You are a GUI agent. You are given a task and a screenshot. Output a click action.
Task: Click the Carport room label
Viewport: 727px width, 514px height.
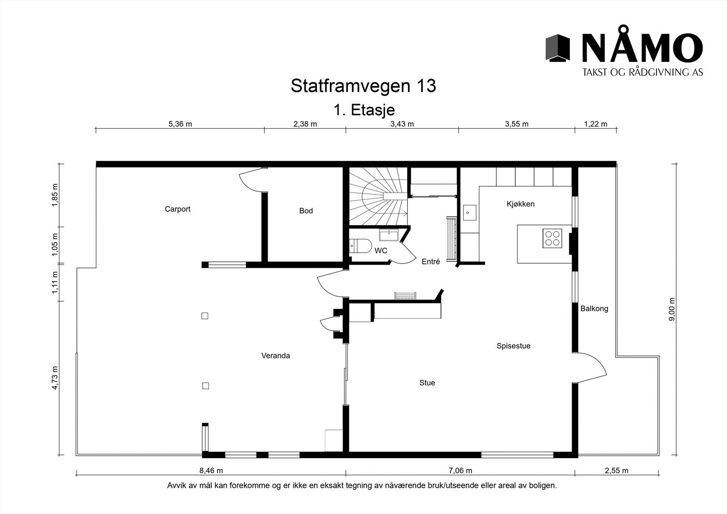[177, 209]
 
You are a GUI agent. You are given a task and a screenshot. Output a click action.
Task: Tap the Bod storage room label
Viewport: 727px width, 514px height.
[306, 211]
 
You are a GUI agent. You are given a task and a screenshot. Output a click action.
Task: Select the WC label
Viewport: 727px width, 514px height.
[380, 250]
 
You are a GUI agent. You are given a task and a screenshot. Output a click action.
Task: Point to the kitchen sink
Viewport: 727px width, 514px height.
[469, 212]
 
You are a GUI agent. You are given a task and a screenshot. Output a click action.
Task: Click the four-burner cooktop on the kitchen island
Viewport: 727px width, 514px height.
[552, 239]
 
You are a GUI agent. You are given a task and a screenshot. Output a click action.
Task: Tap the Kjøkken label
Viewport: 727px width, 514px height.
[520, 204]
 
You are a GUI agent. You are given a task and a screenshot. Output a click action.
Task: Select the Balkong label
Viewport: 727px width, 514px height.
[594, 309]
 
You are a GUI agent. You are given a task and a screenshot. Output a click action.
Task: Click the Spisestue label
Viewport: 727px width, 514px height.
[513, 346]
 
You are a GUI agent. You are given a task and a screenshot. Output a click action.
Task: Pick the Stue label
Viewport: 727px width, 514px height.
[427, 383]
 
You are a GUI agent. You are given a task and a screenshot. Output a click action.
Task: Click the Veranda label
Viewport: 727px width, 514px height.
[275, 355]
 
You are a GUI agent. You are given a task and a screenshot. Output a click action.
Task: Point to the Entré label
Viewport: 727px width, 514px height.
[430, 262]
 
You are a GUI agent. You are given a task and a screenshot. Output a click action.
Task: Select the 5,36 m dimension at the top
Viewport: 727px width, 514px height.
[180, 124]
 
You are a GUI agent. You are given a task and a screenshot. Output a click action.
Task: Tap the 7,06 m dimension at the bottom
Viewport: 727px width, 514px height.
[460, 470]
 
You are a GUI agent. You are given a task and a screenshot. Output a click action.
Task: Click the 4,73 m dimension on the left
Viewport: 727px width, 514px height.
[55, 378]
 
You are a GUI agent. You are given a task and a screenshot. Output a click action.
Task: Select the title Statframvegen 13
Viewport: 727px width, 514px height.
[363, 85]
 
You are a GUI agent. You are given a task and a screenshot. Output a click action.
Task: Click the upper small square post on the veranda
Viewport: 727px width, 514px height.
[205, 315]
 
